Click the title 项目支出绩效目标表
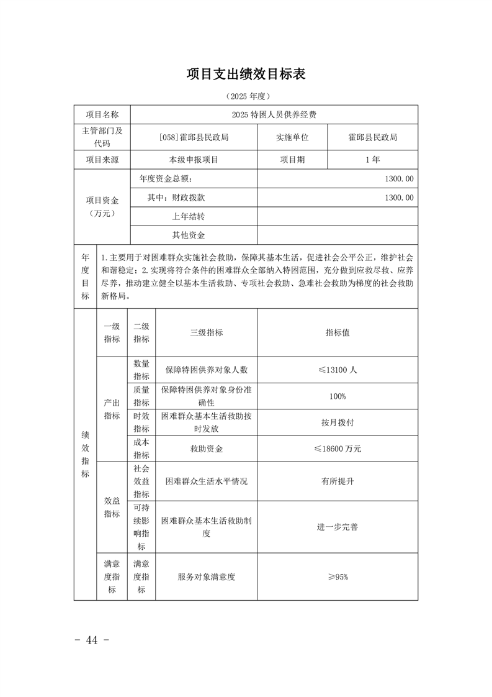click(246, 74)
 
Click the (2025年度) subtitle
click(246, 96)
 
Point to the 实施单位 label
click(292, 137)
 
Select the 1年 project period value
click(372, 160)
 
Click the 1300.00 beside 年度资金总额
click(399, 179)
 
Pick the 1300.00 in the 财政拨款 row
click(399, 198)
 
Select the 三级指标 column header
click(206, 332)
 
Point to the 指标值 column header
click(338, 332)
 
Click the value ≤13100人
click(338, 370)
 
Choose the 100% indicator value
click(338, 396)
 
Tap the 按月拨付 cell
click(338, 422)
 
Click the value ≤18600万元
click(338, 449)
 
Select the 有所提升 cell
click(338, 481)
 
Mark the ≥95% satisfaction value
click(338, 576)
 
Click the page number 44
click(92, 640)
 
